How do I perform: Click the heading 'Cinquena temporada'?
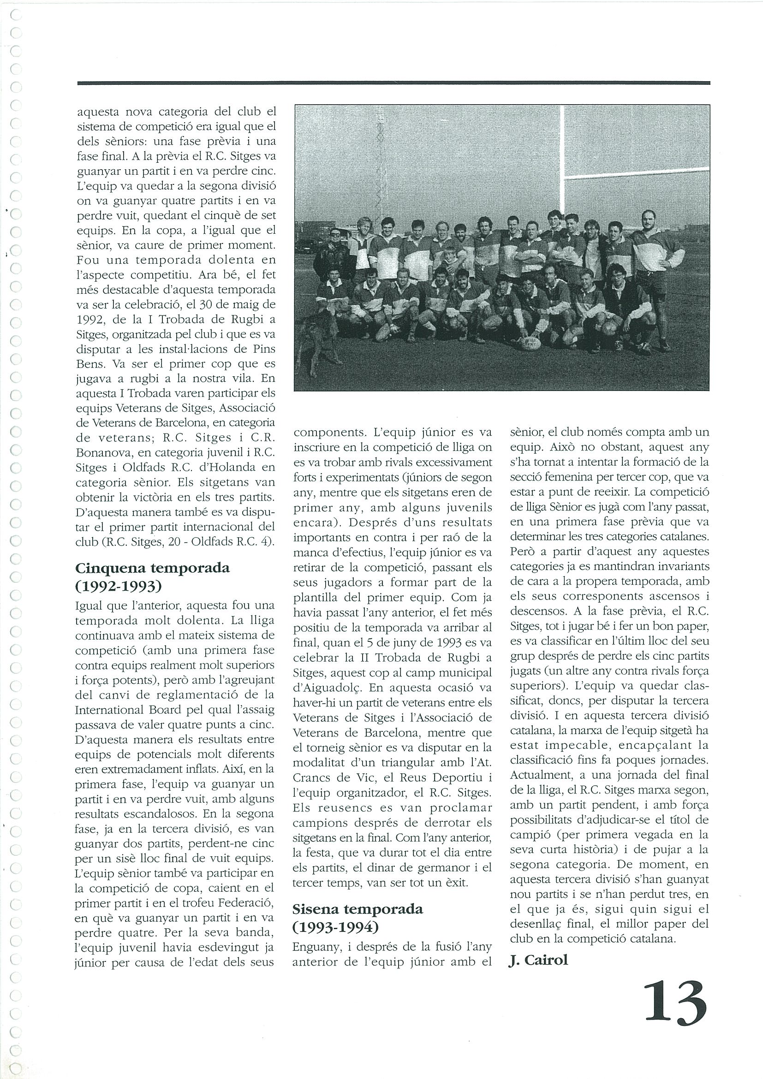152,568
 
